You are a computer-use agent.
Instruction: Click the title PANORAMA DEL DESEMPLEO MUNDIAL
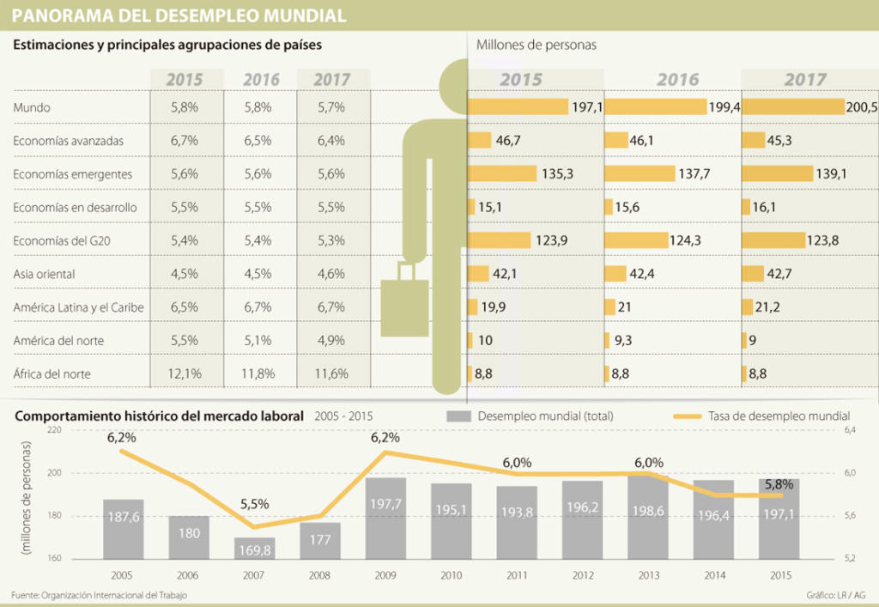[179, 15]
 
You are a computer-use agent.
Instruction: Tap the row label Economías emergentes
[73, 174]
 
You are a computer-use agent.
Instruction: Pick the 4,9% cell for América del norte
[330, 341]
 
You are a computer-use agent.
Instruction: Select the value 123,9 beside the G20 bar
[551, 241]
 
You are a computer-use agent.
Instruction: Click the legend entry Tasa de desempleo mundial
[779, 416]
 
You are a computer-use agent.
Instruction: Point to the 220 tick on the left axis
[56, 430]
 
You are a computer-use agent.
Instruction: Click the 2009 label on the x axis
[385, 574]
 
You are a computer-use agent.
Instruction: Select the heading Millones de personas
[536, 45]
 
